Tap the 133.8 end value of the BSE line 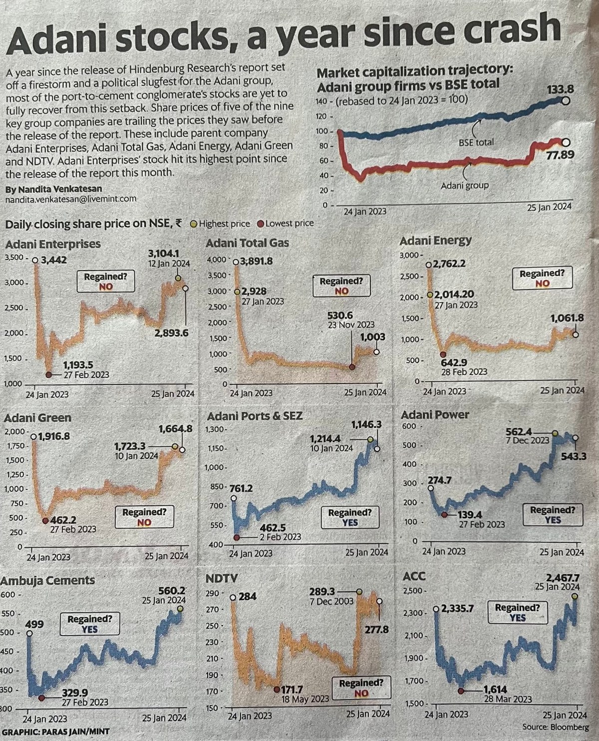(561, 90)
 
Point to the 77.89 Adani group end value (560, 155)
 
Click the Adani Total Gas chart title (247, 243)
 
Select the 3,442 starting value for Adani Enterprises (53, 260)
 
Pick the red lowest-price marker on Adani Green (45, 521)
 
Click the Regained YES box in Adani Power (553, 515)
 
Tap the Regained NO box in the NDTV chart (361, 688)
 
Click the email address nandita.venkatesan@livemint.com (71, 199)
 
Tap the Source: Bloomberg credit (556, 727)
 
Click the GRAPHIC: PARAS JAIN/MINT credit (55, 732)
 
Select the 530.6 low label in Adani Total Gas (340, 315)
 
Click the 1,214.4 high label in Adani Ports (325, 438)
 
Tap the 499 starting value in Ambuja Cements (34, 624)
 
